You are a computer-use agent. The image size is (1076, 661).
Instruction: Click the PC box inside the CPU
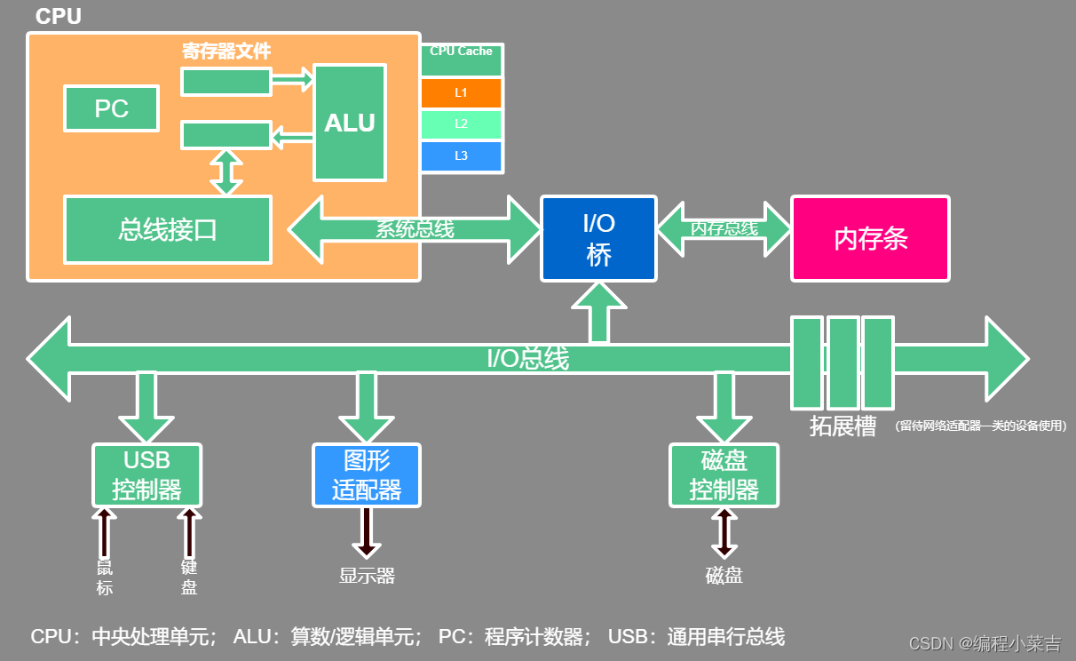point(112,108)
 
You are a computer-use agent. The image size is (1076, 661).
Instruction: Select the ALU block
point(350,123)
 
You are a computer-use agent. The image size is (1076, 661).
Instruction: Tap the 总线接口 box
point(168,230)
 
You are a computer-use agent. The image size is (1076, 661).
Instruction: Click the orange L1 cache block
point(461,93)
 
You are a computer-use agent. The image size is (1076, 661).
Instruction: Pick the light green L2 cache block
point(461,124)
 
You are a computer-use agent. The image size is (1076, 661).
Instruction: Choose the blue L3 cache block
point(461,156)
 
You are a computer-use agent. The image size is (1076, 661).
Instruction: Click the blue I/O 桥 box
point(599,239)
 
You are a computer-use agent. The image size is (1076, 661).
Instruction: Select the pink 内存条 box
point(870,239)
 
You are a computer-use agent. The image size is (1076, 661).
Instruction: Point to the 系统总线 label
point(415,229)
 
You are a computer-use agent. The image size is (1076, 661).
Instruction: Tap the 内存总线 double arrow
point(724,228)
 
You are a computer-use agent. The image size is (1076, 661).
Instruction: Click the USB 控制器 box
point(147,475)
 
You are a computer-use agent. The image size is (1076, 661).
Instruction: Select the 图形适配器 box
point(367,475)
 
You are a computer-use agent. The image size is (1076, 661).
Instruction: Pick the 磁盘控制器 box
point(724,475)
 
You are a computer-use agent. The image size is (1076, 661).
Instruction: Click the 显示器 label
point(367,576)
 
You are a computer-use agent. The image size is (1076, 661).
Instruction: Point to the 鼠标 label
point(105,577)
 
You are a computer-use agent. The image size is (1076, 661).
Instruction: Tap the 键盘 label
point(189,577)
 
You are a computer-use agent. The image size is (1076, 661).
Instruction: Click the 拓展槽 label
point(843,426)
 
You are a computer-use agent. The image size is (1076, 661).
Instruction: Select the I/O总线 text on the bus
point(527,359)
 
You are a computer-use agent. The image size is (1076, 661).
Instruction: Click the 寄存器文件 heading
point(226,52)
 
